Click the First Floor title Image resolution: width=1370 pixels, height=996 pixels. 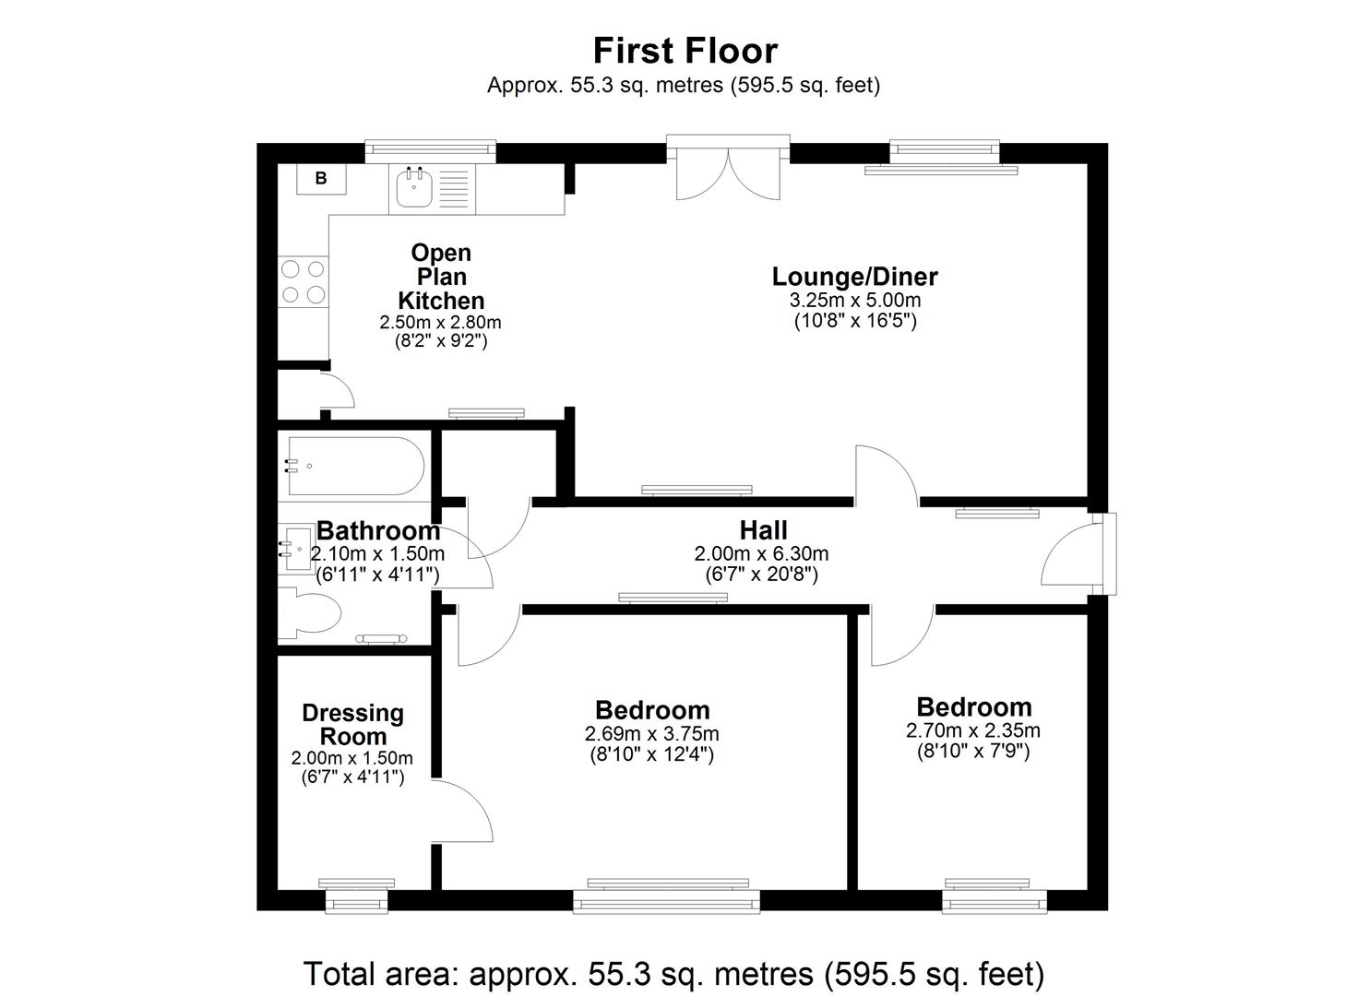click(685, 50)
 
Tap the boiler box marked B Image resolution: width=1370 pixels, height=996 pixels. click(320, 179)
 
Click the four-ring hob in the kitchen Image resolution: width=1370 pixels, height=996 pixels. click(304, 281)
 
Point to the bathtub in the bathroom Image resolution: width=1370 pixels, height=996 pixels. click(355, 467)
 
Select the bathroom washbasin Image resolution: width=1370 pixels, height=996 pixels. click(299, 550)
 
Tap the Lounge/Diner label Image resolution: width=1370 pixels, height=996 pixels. click(854, 277)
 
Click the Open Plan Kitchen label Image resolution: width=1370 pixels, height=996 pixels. click(441, 277)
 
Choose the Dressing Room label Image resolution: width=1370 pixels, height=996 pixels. click(352, 725)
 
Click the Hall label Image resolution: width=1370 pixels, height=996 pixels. click(763, 530)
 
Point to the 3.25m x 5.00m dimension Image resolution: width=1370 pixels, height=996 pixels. click(854, 301)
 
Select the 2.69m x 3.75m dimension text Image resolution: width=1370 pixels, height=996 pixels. click(651, 734)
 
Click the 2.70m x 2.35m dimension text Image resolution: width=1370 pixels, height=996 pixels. click(973, 731)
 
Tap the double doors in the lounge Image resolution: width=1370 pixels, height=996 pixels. click(728, 173)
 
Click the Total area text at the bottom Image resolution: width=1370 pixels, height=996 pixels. click(673, 974)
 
